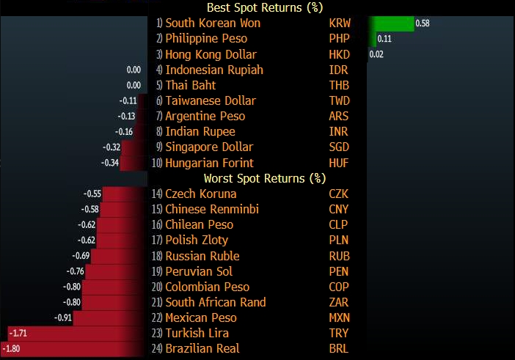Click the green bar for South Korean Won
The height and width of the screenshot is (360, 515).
392,23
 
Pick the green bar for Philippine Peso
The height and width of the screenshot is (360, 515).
373,39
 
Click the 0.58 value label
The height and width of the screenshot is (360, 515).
423,23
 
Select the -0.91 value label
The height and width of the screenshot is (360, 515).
65,318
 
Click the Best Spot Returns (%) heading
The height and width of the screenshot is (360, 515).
255,8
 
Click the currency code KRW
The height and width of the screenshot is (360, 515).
340,23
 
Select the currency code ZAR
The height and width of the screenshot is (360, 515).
340,302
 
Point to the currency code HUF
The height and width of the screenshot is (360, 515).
340,163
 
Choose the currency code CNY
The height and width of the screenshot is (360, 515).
340,210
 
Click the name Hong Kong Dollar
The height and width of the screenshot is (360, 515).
211,54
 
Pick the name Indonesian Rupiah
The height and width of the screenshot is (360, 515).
214,70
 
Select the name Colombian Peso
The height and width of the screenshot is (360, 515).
208,287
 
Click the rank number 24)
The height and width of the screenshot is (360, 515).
156,349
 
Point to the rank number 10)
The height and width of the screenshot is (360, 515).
156,163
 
